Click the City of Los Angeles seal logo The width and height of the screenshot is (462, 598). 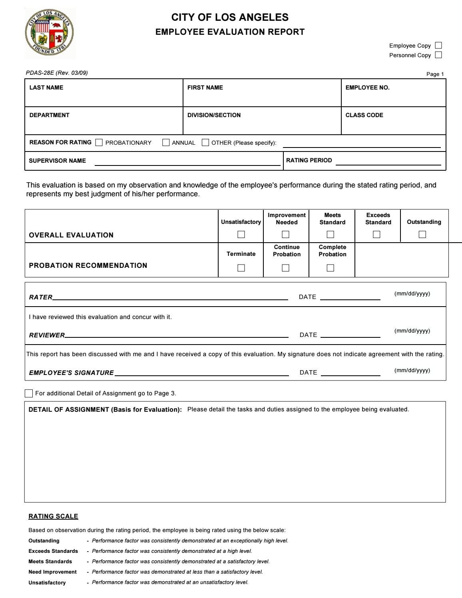[x=50, y=34]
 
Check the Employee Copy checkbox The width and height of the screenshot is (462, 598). [x=438, y=46]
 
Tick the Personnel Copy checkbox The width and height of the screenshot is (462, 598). [x=438, y=55]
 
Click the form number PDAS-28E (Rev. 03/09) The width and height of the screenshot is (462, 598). [x=57, y=73]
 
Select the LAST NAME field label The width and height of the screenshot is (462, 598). [x=46, y=88]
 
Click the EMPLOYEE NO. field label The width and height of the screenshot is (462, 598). [x=367, y=88]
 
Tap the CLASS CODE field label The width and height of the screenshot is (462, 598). [x=364, y=115]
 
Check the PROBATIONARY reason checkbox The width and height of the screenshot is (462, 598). [x=99, y=143]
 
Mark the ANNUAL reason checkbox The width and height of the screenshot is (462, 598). [x=166, y=143]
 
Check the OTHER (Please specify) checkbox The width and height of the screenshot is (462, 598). [x=205, y=143]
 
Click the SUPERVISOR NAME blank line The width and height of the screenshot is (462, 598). [x=187, y=162]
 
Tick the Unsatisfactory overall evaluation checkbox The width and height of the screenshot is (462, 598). [x=241, y=235]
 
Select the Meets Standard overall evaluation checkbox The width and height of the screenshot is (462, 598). [x=331, y=235]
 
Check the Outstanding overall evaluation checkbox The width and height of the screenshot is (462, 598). [x=422, y=235]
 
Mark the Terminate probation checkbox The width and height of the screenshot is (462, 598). [x=241, y=268]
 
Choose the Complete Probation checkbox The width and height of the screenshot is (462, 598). [x=331, y=268]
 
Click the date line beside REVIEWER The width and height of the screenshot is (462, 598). [x=350, y=335]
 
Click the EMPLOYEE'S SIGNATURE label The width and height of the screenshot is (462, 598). [x=72, y=373]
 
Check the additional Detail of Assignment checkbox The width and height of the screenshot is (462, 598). [x=29, y=393]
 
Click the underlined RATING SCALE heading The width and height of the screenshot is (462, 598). [x=53, y=516]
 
